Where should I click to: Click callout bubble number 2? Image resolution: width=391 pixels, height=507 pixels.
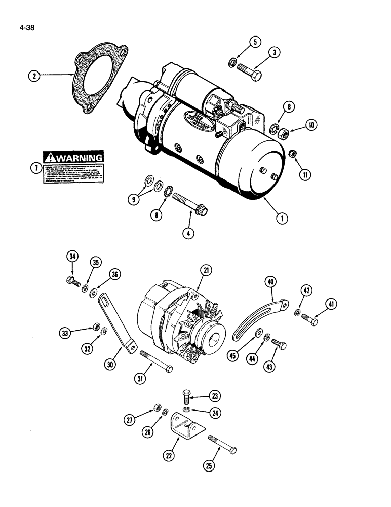click(x=34, y=76)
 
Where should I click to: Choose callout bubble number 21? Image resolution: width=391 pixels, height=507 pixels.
click(x=206, y=272)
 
